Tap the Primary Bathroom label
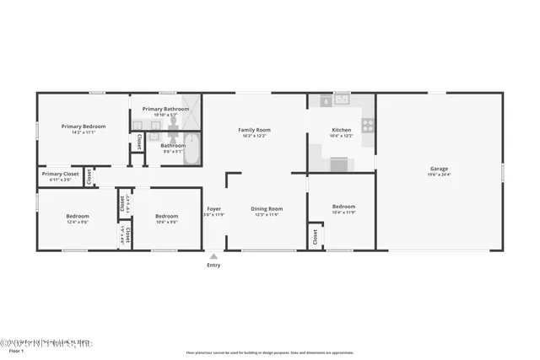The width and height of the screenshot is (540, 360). tap(165, 109)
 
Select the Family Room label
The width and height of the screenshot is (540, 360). tap(254, 129)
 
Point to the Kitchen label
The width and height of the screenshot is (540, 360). tap(341, 129)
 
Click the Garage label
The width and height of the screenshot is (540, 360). tap(439, 169)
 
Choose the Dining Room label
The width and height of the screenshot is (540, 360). tap(267, 208)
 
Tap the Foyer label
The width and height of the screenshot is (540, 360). tap(213, 208)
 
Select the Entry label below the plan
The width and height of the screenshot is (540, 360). tap(213, 266)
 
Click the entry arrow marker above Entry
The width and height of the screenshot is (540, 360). tap(213, 256)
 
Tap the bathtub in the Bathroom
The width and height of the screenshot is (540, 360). tap(192, 149)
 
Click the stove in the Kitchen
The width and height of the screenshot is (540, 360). tap(368, 125)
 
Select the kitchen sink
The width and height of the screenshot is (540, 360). tap(341, 99)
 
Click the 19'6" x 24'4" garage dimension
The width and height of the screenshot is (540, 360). tap(439, 175)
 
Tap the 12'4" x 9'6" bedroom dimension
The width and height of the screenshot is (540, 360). tap(78, 223)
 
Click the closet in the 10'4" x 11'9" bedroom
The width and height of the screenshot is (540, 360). tap(315, 238)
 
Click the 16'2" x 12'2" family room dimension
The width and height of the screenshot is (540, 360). tap(254, 136)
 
